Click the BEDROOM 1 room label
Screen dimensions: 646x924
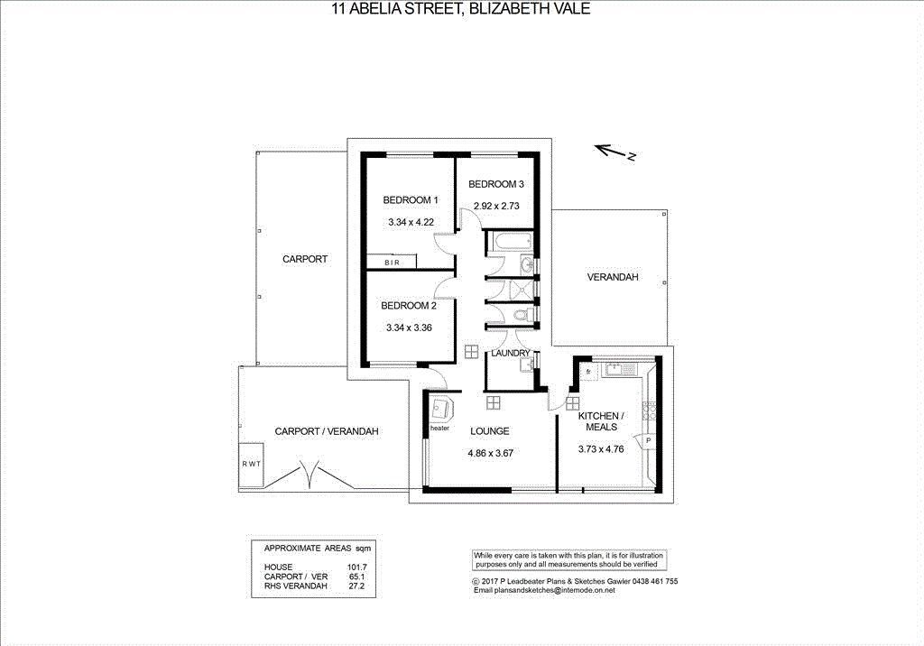[x=410, y=200]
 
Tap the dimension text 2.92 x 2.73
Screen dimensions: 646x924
[x=497, y=206]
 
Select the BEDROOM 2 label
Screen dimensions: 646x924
[x=410, y=306]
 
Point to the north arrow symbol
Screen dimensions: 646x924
[x=616, y=152]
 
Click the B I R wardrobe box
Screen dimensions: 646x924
[x=392, y=262]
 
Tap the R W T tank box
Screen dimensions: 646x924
[x=251, y=464]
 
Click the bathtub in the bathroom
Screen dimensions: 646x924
[x=512, y=242]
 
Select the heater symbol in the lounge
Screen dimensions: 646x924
[x=442, y=409]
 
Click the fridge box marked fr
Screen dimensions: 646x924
[x=587, y=371]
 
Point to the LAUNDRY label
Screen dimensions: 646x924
[x=511, y=353]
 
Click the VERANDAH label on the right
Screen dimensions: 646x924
[x=612, y=278]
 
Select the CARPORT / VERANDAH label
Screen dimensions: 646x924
[x=326, y=432]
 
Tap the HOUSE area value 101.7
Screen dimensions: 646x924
[x=357, y=567]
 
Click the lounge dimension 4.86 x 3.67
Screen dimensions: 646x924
[x=490, y=454]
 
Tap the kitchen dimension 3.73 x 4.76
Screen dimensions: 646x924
[x=600, y=449]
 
